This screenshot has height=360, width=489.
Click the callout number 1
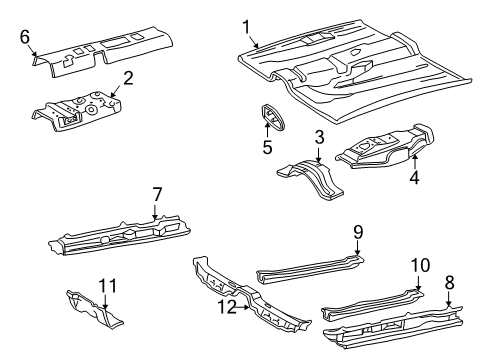tap(246, 27)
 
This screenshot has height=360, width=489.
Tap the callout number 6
tap(25, 37)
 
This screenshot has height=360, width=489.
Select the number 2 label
tap(128, 78)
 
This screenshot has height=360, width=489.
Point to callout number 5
tap(267, 147)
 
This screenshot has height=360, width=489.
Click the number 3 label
tap(319, 137)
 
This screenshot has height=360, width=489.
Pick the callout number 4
tap(414, 177)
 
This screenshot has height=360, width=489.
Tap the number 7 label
tap(157, 194)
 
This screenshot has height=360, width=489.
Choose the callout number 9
tap(358, 232)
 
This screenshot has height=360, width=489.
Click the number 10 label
tap(420, 265)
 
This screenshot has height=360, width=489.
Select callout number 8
tap(449, 283)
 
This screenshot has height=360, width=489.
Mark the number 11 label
tap(108, 286)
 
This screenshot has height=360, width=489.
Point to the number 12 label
tap(227, 307)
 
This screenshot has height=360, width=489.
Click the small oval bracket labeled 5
tap(273, 117)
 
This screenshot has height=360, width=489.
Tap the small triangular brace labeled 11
tap(94, 309)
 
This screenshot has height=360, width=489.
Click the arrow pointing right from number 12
tap(243, 307)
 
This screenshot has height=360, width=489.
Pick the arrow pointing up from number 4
tap(415, 162)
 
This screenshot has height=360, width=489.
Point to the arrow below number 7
tap(155, 211)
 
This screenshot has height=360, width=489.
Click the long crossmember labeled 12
tap(252, 295)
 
